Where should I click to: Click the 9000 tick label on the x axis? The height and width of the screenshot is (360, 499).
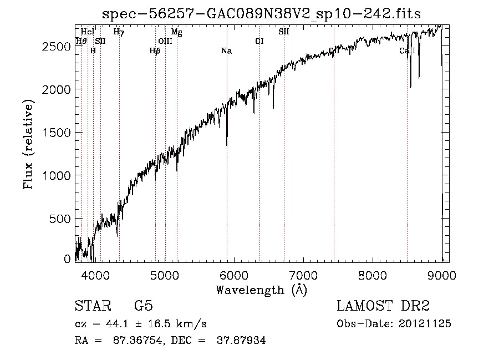[x=441, y=275]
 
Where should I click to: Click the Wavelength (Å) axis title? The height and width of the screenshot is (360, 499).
[x=261, y=290]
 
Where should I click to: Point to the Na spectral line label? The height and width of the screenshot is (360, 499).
[x=226, y=51]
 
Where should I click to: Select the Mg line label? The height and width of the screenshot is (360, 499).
[x=176, y=32]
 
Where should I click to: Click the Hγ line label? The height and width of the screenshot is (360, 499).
[x=119, y=32]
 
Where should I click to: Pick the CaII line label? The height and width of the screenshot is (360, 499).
[x=407, y=51]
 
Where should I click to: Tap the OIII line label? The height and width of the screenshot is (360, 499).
[x=165, y=41]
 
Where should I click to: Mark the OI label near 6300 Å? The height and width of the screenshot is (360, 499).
[x=259, y=41]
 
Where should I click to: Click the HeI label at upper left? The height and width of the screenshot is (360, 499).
[x=87, y=32]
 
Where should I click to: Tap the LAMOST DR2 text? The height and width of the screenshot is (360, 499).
[x=383, y=306]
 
